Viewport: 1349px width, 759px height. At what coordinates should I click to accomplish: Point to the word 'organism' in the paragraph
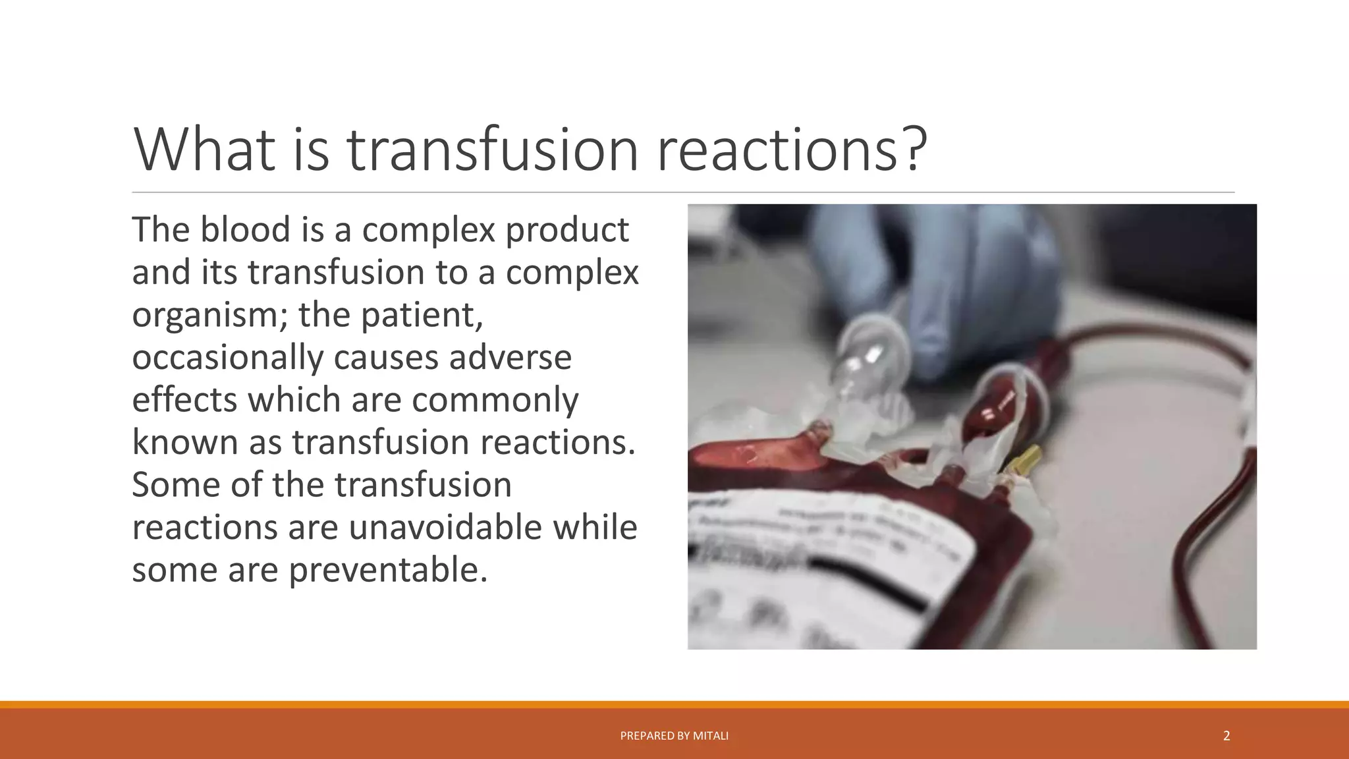point(208,315)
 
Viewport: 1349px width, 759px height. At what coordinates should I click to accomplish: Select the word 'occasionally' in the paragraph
point(228,358)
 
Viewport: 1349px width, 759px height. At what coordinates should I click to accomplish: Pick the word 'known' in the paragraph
point(184,442)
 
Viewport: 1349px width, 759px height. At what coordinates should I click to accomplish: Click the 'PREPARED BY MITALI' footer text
point(674,736)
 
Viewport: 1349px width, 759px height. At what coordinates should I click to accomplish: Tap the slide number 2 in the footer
point(1226,736)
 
